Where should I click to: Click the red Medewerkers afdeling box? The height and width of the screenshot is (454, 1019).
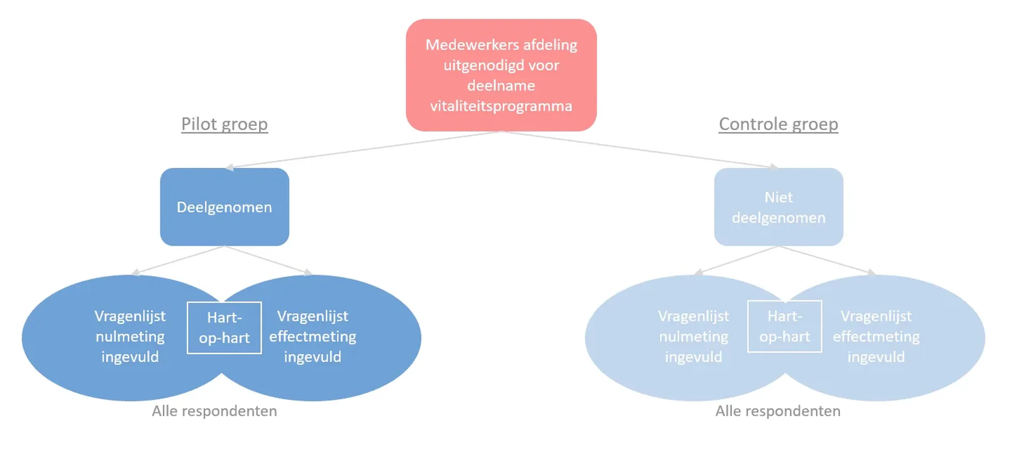[501, 75]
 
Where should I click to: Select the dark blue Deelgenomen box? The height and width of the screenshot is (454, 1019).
[224, 207]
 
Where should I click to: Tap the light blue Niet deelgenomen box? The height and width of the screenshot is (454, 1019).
[778, 207]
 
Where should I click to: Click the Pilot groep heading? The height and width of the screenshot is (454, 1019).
[224, 124]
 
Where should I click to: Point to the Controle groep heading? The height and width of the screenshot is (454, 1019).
[778, 124]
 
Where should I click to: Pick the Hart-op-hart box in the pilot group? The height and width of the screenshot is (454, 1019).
[224, 328]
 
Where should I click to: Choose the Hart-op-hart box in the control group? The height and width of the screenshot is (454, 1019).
[784, 327]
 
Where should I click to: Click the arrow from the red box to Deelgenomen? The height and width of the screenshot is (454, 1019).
[361, 149]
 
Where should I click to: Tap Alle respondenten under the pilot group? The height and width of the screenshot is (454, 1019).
[214, 411]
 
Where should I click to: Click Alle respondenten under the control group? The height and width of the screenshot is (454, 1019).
[778, 411]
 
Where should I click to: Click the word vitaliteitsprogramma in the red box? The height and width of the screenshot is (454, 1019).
[501, 106]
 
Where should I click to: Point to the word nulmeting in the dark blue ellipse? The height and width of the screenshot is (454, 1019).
[130, 337]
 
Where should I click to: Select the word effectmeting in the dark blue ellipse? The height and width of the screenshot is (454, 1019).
[313, 337]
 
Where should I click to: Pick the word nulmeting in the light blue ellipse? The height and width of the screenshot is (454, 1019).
[694, 337]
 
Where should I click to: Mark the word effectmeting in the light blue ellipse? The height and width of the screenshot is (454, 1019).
[876, 337]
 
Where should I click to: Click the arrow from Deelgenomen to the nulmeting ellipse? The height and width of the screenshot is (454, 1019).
[178, 260]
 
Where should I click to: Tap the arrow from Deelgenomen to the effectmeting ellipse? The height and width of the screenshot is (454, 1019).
[268, 260]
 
